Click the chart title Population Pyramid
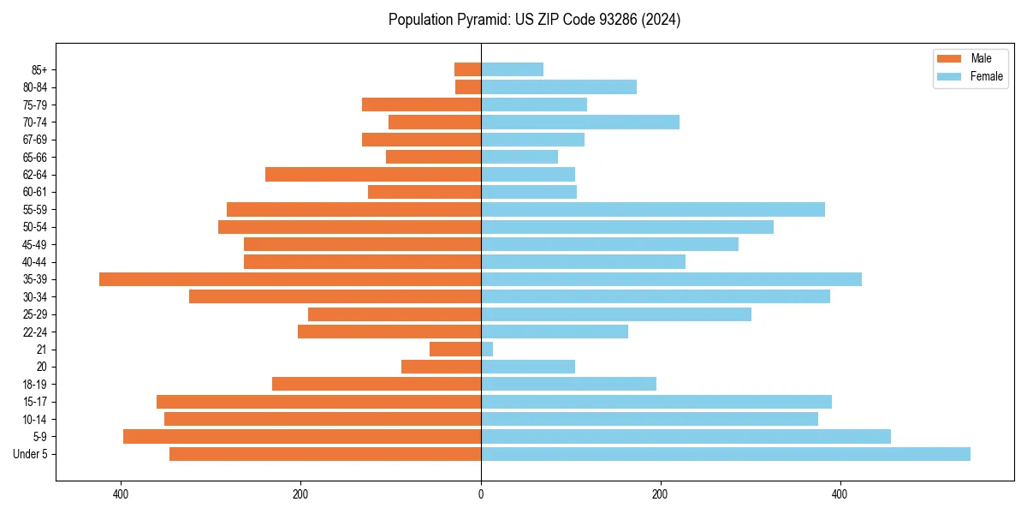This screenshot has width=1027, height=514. tap(534, 20)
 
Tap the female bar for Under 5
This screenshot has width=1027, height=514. tap(725, 454)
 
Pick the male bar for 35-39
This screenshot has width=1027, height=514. tap(290, 279)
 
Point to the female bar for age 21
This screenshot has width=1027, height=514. tap(487, 350)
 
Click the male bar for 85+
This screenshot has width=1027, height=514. tap(467, 69)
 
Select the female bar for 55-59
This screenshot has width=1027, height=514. tap(652, 210)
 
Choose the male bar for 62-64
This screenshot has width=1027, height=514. tap(373, 175)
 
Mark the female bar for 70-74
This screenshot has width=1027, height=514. tap(580, 123)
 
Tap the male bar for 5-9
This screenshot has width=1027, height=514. tap(302, 437)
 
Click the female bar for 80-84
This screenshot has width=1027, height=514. tap(559, 87)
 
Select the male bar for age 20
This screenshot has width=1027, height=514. tap(441, 367)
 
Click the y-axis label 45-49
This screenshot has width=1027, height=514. tap(34, 245)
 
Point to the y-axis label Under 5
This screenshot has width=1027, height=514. tap(31, 454)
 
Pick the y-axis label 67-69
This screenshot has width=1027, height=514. tap(34, 140)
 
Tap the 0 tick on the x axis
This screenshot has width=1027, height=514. tap(481, 494)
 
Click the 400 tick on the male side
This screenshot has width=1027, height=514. tap(121, 494)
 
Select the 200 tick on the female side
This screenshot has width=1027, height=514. tap(660, 494)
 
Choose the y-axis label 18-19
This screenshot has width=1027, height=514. tap(34, 385)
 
